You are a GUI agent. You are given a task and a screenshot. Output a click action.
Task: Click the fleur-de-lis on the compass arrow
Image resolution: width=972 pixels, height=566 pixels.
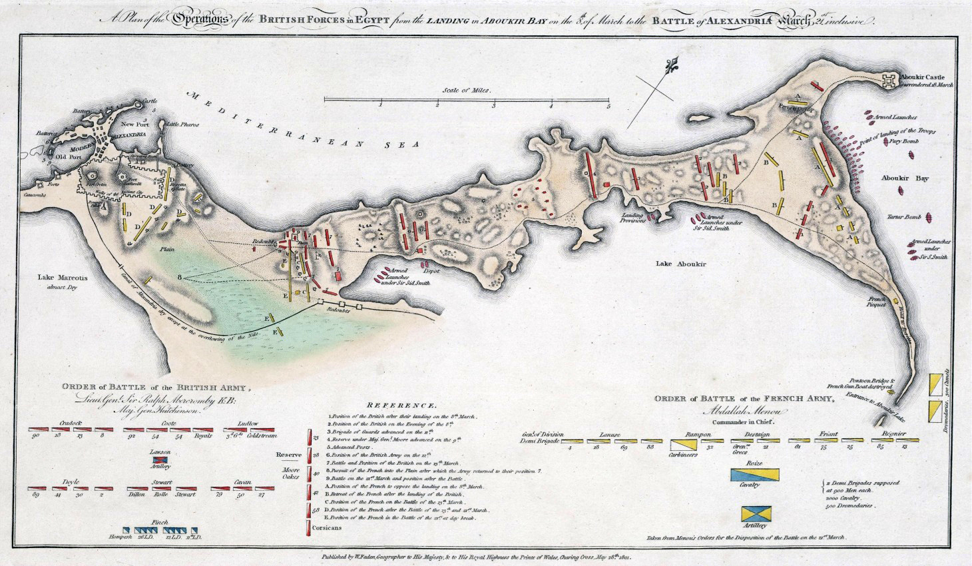point(670,67)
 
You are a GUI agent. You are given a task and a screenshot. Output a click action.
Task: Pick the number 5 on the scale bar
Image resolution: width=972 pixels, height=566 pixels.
point(608,105)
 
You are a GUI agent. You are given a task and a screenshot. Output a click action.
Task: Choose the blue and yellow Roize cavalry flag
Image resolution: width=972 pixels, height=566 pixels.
point(754,475)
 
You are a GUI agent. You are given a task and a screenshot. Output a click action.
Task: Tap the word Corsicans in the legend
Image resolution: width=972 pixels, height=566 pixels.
point(327,527)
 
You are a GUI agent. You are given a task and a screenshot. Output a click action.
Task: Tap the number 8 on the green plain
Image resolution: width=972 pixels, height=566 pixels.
point(179,276)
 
